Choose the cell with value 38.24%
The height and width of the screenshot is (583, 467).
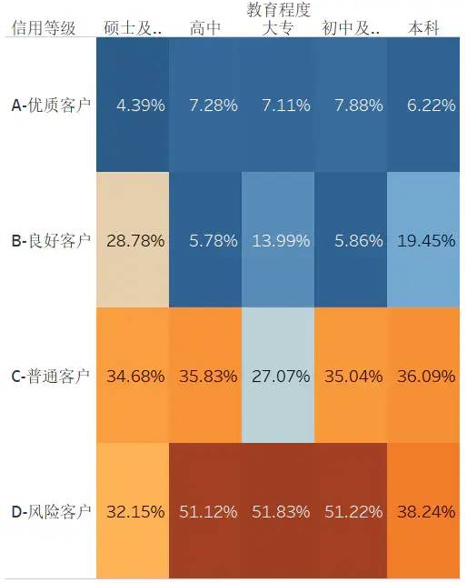pos(424,511)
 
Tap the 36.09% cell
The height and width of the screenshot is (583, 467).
pos(424,376)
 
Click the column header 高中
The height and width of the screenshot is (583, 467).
pos(205,29)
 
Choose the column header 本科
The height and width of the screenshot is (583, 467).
pos(424,29)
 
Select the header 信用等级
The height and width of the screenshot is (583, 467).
pos(43,29)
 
